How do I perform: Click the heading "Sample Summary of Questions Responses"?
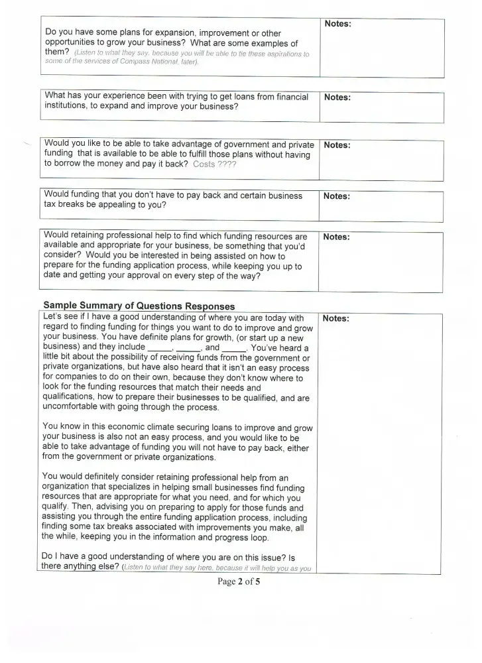[x=139, y=306]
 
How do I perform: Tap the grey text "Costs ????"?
[x=214, y=164]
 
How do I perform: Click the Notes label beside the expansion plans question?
[x=337, y=24]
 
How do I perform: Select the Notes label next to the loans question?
[x=337, y=97]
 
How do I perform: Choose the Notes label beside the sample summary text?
[x=336, y=318]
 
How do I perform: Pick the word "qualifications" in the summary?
[x=71, y=388]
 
